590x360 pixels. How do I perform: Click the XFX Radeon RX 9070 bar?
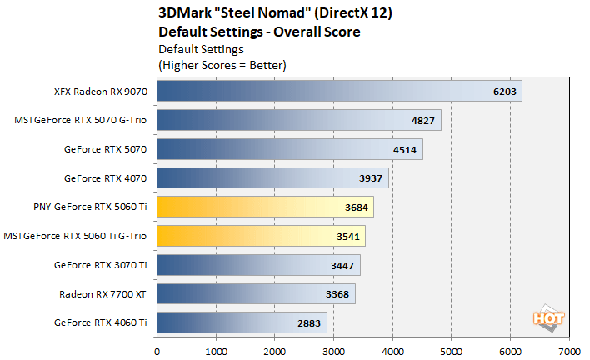point(333,91)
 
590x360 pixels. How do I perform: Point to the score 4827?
point(424,121)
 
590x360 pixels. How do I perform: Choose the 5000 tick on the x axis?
point(451,341)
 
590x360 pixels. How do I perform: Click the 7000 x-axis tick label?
point(569,341)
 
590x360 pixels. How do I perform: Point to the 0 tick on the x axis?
point(157,341)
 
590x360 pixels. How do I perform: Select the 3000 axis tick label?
point(333,341)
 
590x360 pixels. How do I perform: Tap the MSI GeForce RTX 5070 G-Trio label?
point(81,120)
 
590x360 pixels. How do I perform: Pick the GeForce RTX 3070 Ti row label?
point(100,265)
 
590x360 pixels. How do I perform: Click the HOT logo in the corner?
point(547,319)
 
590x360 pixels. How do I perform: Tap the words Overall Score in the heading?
point(320,32)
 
